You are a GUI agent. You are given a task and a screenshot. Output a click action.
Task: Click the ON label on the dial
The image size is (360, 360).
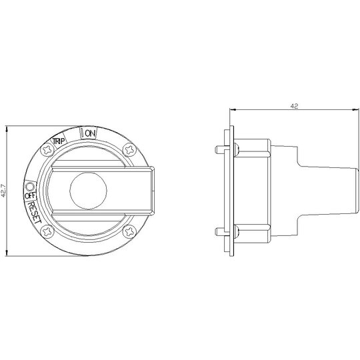click(x=90, y=133)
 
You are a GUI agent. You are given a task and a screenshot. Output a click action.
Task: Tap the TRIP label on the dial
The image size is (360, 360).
click(x=59, y=141)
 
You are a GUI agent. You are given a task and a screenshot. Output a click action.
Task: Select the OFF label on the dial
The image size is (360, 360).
click(x=30, y=195)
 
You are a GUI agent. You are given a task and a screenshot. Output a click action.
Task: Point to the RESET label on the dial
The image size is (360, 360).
click(x=34, y=212)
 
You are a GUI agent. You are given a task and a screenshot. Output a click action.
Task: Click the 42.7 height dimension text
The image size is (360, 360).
click(x=3, y=191)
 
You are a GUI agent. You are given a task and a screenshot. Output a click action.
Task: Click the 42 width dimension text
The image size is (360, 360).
click(x=294, y=106)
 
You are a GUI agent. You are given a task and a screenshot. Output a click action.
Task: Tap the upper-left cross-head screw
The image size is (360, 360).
click(x=47, y=150)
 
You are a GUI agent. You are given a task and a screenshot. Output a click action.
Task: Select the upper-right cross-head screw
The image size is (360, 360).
click(x=129, y=150)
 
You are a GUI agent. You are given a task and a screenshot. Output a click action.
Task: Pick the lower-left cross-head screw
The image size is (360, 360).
click(x=47, y=231)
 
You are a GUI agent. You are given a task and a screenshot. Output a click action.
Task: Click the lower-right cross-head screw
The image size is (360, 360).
click(x=129, y=231)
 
